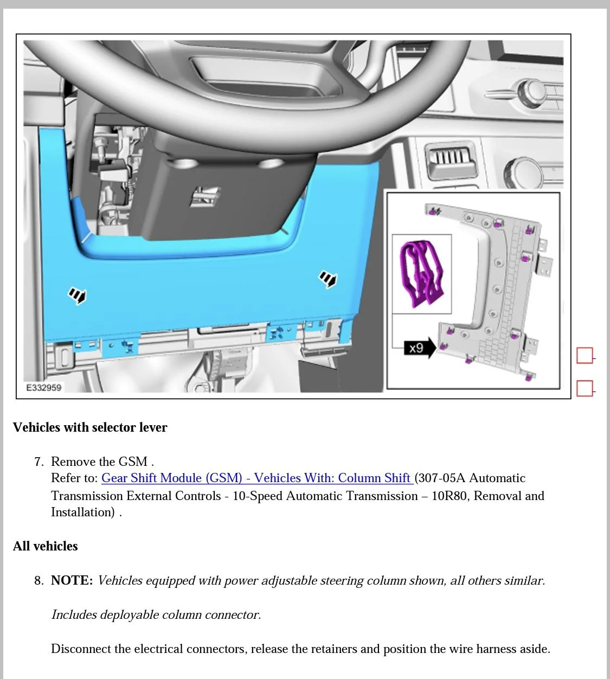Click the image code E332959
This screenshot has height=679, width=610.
coord(43,388)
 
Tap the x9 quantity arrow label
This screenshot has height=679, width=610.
coord(420,348)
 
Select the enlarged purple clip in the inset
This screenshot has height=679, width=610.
coord(421,273)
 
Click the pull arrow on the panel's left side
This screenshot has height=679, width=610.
coord(78,295)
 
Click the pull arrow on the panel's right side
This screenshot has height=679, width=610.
coord(328,279)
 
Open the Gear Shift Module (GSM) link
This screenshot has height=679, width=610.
coord(257,478)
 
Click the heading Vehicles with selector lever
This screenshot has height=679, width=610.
coord(90,427)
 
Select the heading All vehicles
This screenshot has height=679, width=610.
coord(45,546)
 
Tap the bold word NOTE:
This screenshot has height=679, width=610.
coord(72,580)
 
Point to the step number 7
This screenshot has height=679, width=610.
coord(39,462)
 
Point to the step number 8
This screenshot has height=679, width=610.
coord(39,580)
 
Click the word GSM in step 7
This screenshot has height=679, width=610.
coord(133,462)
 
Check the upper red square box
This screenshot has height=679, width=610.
coord(585,355)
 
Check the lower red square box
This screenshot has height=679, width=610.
coord(585,388)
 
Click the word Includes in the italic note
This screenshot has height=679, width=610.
coord(74,614)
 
